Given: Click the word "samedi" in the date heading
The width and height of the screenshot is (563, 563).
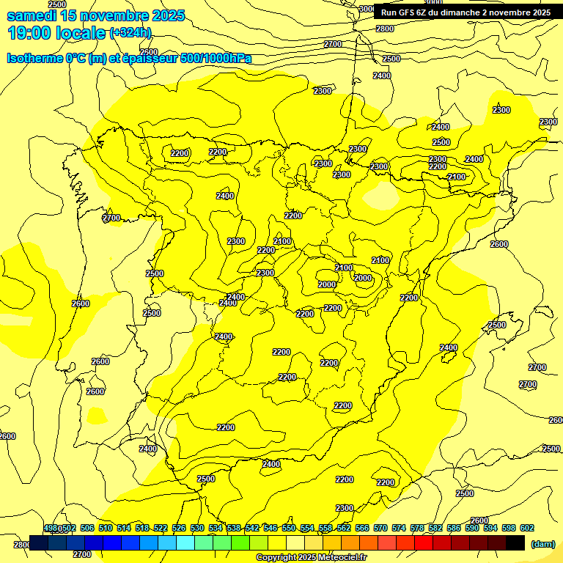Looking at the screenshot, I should tap(32, 15).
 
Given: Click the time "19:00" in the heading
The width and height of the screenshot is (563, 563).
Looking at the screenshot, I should tap(29, 33).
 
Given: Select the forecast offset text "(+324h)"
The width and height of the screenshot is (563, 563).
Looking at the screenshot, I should tap(130, 33).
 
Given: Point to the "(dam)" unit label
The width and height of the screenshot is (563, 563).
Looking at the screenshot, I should tap(543, 543).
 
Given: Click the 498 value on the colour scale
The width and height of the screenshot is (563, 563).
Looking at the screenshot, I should tap(51, 528).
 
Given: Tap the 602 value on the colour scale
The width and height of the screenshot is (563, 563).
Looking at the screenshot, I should tap(527, 528).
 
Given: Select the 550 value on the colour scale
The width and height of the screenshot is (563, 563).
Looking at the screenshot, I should tap(289, 528).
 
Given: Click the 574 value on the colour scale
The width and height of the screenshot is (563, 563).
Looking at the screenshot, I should tap(399, 528).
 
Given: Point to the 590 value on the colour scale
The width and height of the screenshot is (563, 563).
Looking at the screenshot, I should tap(472, 528).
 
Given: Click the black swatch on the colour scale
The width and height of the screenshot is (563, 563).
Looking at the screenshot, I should tap(515, 542).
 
